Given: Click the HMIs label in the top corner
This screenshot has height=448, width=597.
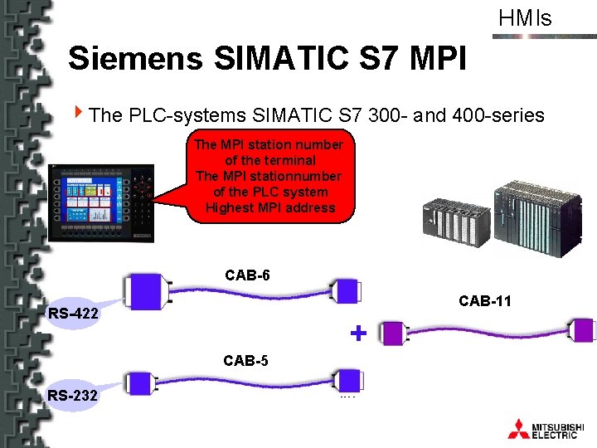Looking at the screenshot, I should (x=525, y=18).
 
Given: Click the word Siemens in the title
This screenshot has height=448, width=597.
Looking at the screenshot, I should (x=135, y=58).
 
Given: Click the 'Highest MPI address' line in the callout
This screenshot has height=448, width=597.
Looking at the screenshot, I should (x=270, y=207).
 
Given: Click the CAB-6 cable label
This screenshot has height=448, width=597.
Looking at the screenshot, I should (x=247, y=275).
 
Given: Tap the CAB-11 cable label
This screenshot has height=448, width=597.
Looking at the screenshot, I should (x=485, y=301).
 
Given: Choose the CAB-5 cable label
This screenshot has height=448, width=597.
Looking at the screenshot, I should (x=246, y=361).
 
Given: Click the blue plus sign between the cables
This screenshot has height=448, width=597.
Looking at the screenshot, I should (x=358, y=334).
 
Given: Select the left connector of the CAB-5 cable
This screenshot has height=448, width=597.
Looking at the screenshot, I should (x=140, y=382).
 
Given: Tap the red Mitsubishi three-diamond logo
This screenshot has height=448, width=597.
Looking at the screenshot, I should (x=518, y=428).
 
